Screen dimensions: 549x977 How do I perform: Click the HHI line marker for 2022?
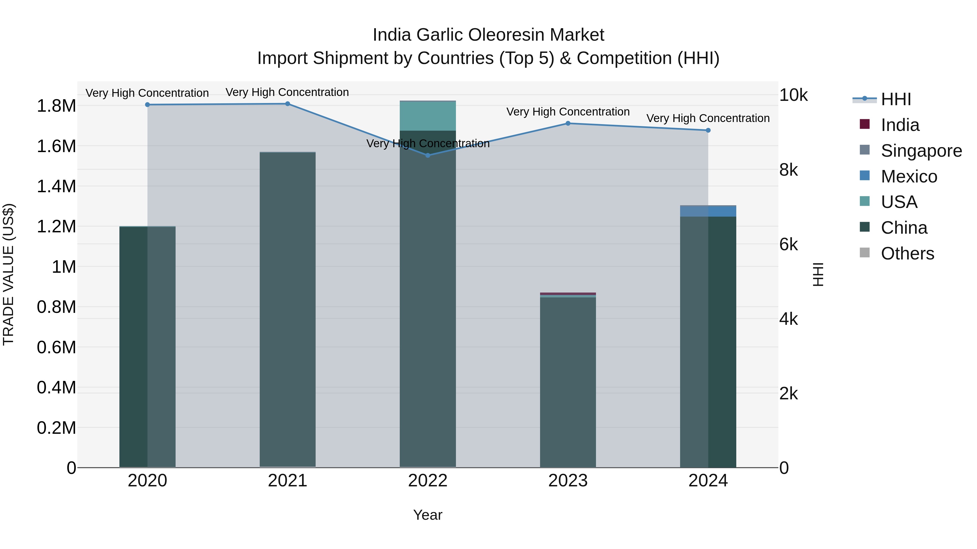427,155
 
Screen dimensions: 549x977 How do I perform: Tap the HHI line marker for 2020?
148,105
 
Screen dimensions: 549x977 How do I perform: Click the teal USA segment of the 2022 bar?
427,116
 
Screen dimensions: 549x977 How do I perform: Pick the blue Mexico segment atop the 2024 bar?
708,211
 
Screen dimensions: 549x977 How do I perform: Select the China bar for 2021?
287,311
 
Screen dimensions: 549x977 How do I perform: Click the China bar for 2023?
568,383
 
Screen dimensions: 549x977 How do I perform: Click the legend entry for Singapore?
921,150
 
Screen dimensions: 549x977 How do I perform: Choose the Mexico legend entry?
909,176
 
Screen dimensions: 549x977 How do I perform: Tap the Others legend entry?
907,253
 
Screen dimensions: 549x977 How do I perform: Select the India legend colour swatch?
864,124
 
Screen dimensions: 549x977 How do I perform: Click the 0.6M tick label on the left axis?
56,347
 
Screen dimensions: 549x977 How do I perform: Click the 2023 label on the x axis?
568,480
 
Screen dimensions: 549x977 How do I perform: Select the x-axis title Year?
427,515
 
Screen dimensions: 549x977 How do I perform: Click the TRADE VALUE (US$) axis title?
8,274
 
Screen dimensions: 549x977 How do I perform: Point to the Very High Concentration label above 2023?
568,112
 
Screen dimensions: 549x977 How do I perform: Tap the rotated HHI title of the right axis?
818,274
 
